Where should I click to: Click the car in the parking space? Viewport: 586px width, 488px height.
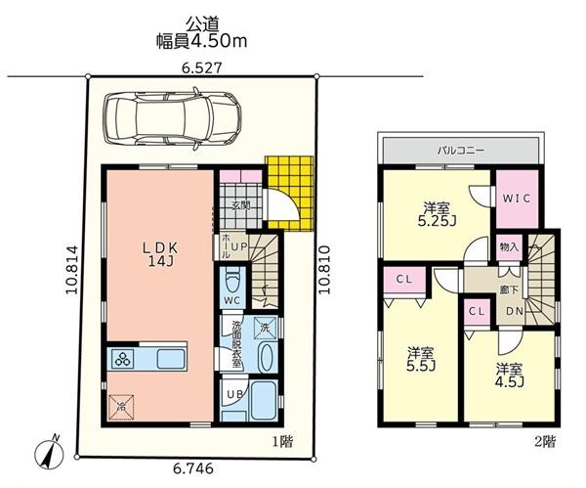[173, 119]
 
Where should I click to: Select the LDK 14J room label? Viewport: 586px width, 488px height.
[161, 254]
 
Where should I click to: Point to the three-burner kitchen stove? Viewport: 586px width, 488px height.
[124, 359]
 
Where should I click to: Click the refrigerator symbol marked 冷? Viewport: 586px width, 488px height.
[121, 407]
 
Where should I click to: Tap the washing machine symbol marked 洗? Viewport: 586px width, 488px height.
[265, 329]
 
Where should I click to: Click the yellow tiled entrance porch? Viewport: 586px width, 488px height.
[290, 193]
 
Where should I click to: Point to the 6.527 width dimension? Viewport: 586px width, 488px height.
[202, 68]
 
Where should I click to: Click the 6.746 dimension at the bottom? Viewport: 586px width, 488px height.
[193, 468]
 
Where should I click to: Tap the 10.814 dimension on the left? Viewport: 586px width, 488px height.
[72, 270]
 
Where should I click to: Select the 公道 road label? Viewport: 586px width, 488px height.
[202, 23]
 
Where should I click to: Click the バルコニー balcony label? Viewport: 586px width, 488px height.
[461, 151]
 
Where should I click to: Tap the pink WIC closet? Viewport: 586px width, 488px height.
[517, 199]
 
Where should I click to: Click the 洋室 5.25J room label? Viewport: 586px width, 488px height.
[437, 214]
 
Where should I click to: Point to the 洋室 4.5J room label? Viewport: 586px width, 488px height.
[509, 376]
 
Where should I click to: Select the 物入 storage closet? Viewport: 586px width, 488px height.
[509, 247]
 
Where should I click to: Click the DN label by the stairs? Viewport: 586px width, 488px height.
[515, 311]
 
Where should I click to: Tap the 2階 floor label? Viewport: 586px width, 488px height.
[545, 442]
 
